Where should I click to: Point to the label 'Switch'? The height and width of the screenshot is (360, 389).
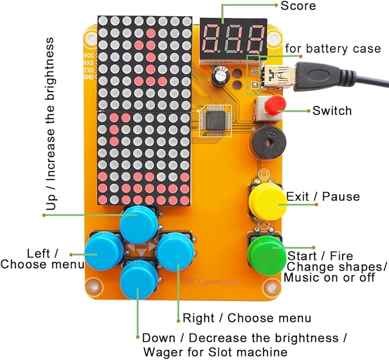click(x=332, y=110)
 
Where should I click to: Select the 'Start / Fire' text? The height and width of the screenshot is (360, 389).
click(x=320, y=255)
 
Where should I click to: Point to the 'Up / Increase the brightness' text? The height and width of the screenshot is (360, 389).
click(x=52, y=124)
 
